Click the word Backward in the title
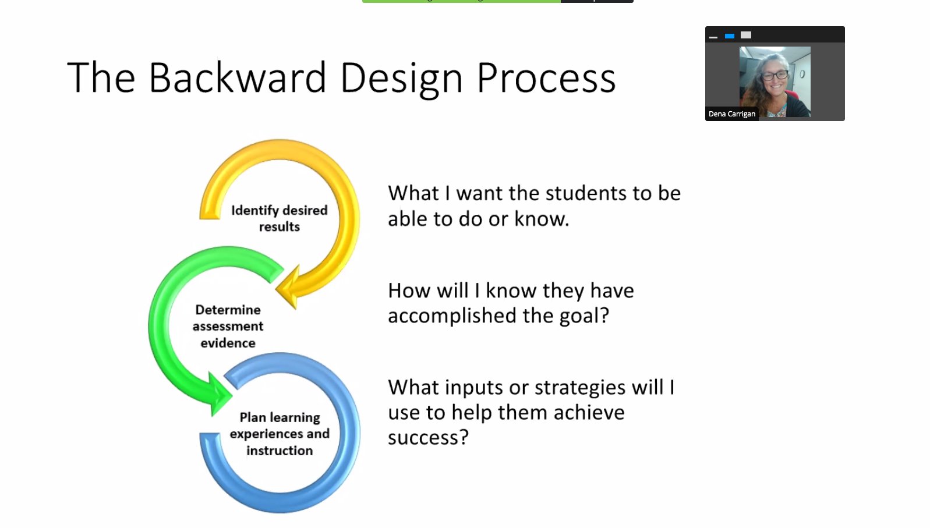[237, 77]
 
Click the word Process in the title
[546, 77]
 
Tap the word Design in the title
[401, 79]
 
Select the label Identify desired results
[279, 218]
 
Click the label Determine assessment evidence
[228, 326]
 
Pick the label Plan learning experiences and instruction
[280, 434]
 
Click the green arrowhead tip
[228, 396]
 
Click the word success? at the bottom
[428, 437]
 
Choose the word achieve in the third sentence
[589, 412]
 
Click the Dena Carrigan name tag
[731, 114]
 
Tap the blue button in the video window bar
[729, 36]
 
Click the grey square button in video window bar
[746, 36]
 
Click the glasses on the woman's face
[775, 75]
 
